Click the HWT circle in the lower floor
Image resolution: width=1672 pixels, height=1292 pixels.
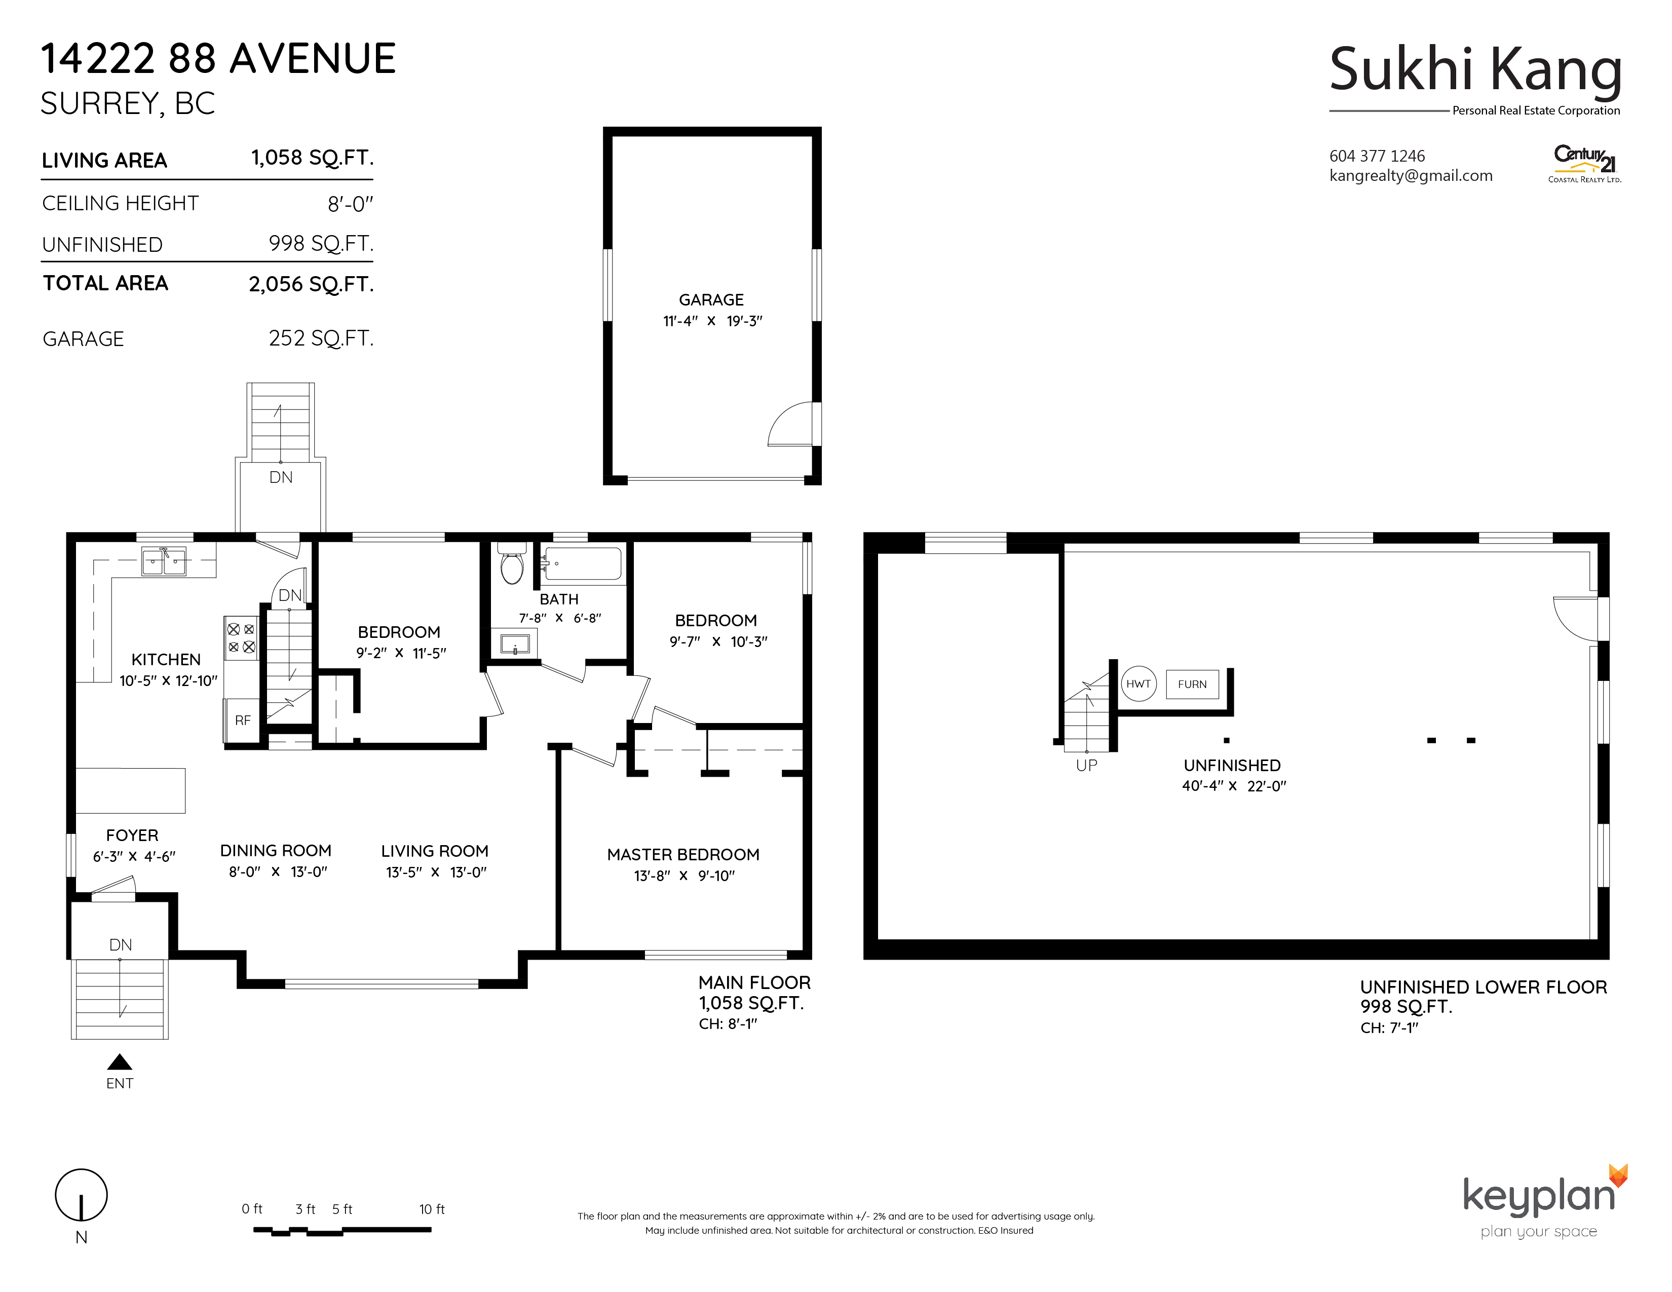(1138, 683)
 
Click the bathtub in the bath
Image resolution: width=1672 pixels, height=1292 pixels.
(581, 563)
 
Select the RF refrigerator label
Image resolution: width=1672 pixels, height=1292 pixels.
(243, 720)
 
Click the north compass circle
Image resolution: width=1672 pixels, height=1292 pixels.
(81, 1195)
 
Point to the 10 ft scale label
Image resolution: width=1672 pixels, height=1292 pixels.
(432, 1209)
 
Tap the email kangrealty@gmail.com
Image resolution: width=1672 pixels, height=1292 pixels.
(1411, 176)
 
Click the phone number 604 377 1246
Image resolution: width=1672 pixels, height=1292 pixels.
(1377, 156)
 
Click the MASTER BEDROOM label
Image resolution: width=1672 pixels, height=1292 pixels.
(683, 854)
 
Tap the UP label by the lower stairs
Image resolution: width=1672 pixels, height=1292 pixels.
(1086, 766)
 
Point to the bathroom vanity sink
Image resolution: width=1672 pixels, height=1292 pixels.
(514, 643)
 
